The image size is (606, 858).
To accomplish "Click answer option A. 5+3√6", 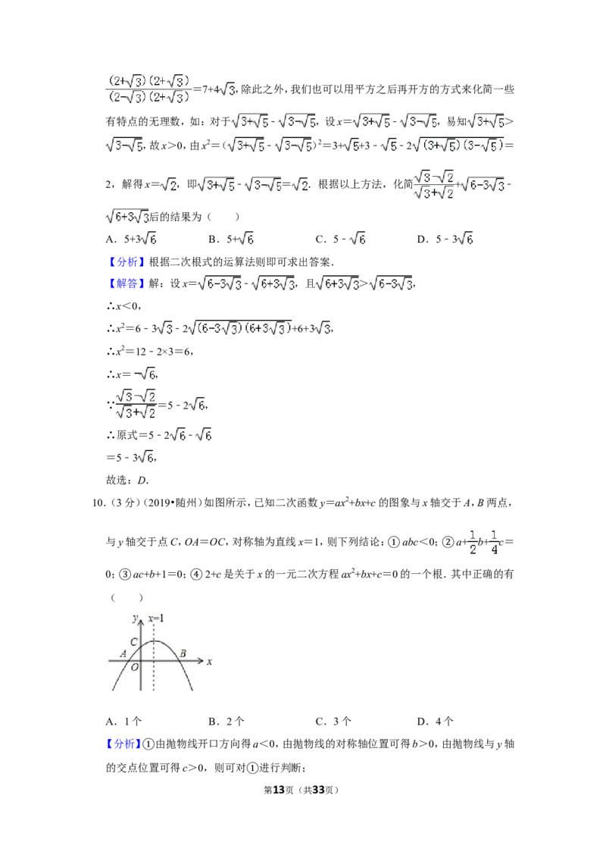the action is tap(131, 239).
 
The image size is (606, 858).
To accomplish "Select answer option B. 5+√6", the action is tap(231, 239).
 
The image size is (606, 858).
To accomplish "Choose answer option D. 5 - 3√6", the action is tap(445, 239).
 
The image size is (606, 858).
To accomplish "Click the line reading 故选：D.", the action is tap(127, 481).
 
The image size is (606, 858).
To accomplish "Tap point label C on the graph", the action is tap(134, 642).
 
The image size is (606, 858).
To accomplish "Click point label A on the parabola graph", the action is tap(123, 653).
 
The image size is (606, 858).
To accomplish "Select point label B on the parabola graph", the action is tap(183, 653).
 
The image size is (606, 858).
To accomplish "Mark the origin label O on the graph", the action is tap(135, 667).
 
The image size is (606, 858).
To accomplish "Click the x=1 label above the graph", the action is tap(156, 618).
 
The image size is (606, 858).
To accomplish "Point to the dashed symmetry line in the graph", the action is tap(154, 657).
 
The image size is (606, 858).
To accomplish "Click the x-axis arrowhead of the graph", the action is tap(201, 661).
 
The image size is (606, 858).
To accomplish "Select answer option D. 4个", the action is tap(436, 722).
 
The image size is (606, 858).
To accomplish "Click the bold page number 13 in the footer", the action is tap(279, 790).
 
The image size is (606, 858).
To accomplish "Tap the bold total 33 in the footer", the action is tap(319, 790).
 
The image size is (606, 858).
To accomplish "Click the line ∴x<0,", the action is tap(124, 306).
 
